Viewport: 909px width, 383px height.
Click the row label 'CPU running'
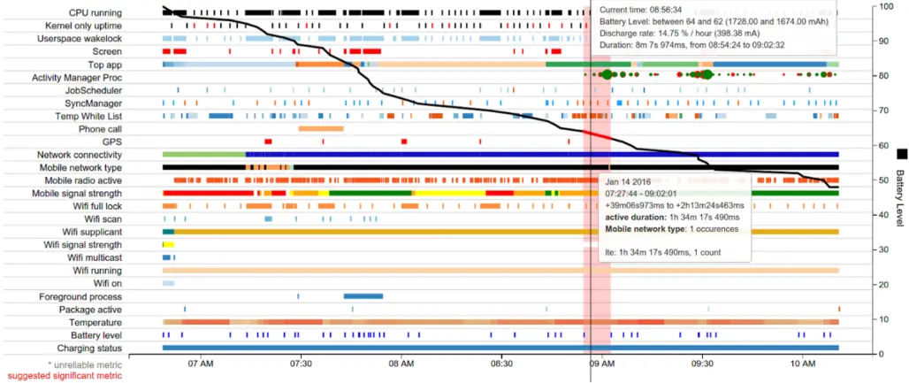pos(95,13)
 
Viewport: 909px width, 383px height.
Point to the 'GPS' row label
pos(111,142)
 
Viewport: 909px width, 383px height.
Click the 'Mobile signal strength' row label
pos(77,193)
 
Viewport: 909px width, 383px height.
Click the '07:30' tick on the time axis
pos(301,364)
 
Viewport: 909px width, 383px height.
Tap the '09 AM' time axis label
pos(602,364)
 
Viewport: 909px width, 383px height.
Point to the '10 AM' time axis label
pos(803,364)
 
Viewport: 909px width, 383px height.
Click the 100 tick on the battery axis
pos(885,6)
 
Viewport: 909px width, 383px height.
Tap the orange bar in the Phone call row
pos(320,129)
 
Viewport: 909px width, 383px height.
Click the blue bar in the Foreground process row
pos(363,295)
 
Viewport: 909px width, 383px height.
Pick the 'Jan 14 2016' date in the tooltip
pos(630,181)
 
